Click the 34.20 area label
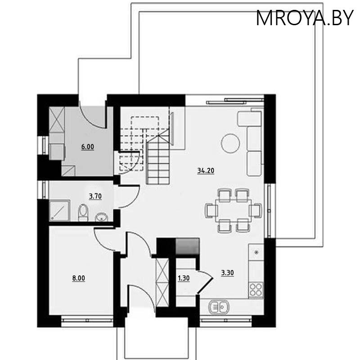[205, 170]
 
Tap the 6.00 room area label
[88, 147]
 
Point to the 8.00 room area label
[79, 278]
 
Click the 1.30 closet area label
[184, 278]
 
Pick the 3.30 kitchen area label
[227, 272]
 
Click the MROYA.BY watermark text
[305, 18]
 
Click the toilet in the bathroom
[83, 213]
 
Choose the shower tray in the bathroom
[60, 210]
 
